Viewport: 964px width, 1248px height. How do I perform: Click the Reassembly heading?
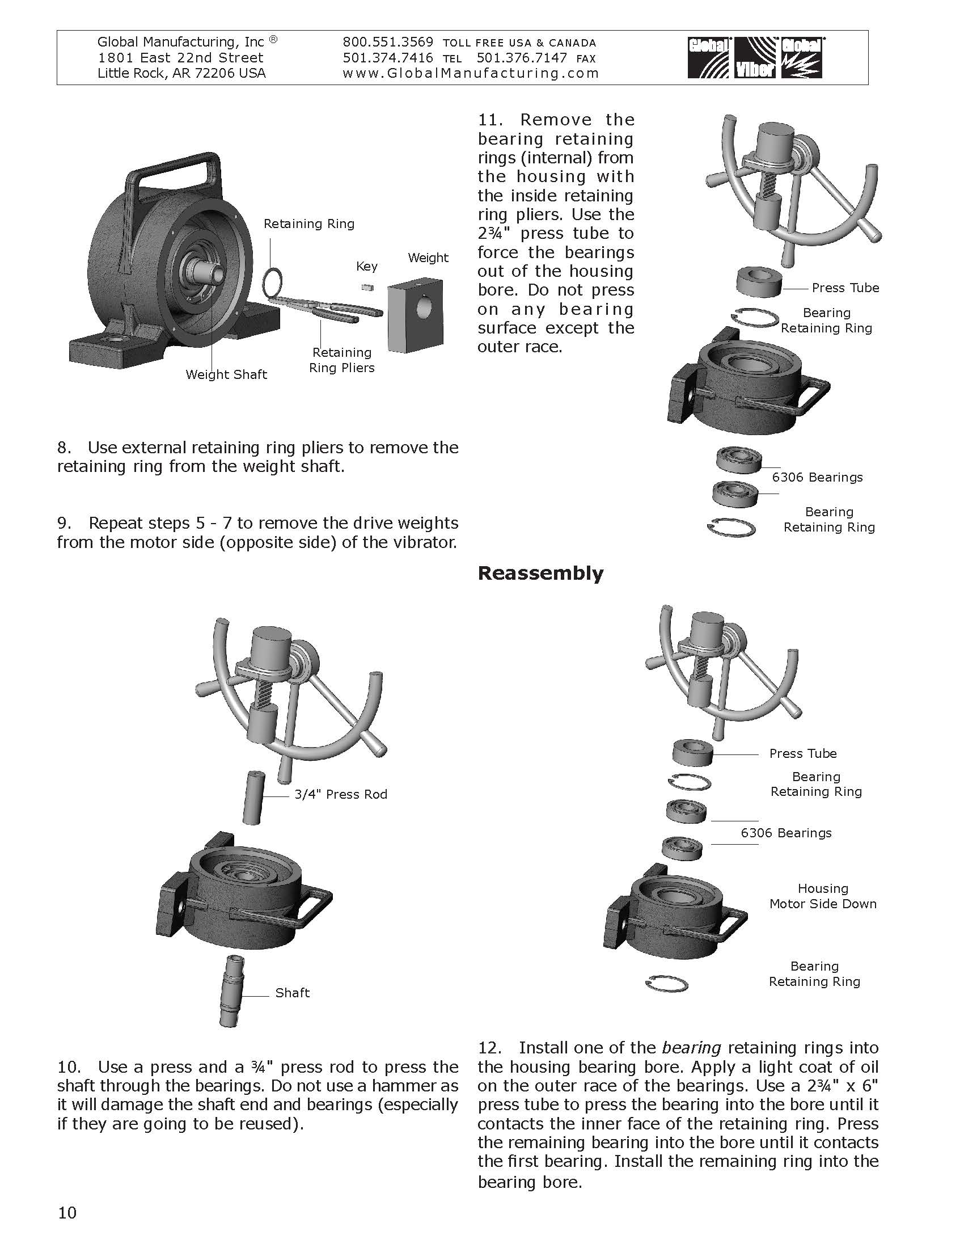coord(540,573)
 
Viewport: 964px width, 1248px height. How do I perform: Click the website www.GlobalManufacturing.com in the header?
coord(471,73)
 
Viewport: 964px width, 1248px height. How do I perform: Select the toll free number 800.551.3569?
coord(388,43)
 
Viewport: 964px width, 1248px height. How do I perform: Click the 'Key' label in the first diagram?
coord(367,266)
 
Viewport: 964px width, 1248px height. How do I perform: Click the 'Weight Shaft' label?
coord(226,374)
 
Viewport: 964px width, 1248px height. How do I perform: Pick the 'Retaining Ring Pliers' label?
coord(341,360)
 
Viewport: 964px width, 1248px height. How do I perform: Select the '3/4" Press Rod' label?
coord(340,794)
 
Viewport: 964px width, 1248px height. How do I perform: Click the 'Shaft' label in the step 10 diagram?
coord(293,993)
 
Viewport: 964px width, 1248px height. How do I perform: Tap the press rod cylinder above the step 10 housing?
coord(253,797)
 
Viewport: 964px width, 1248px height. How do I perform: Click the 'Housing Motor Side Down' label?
coord(822,896)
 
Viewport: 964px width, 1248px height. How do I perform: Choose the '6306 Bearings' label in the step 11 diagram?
coord(817,477)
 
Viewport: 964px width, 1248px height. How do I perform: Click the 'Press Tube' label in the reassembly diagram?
coord(802,753)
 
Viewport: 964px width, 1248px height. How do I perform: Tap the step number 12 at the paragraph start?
coord(489,1048)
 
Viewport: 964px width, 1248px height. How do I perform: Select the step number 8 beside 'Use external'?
coord(63,448)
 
